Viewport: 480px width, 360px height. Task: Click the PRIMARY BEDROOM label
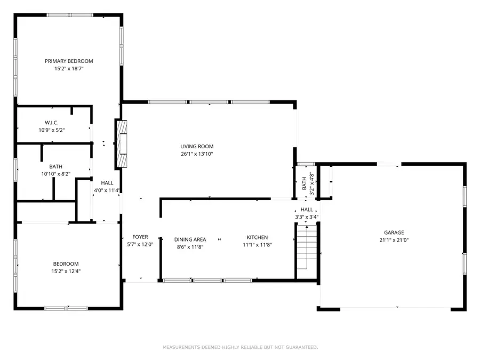click(68, 61)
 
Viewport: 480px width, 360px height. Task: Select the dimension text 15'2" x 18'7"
click(68, 68)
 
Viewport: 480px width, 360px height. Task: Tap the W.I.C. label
click(52, 123)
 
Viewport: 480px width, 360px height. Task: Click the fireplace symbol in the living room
click(122, 143)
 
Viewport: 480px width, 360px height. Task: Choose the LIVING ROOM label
click(196, 146)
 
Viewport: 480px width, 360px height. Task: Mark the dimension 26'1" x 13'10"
click(196, 154)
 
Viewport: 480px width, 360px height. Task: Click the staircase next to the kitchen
click(306, 247)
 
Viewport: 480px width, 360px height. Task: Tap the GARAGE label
click(394, 233)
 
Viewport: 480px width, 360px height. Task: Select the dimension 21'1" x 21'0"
click(394, 240)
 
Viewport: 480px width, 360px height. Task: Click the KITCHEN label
click(257, 237)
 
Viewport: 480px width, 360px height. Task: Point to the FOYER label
click(140, 237)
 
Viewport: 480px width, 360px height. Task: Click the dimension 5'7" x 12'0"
click(140, 244)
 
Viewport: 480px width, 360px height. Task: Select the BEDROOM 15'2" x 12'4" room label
click(66, 263)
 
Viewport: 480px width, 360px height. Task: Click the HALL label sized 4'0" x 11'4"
click(107, 183)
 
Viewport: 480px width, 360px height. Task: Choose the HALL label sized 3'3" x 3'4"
click(307, 210)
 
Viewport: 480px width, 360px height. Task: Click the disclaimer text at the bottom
click(240, 347)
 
